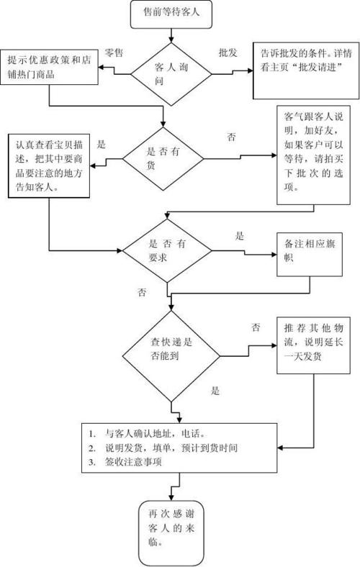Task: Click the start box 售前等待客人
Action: click(172, 12)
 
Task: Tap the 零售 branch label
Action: click(113, 52)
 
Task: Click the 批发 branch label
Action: click(228, 52)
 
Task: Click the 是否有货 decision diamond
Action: click(165, 152)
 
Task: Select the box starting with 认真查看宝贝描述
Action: click(48, 165)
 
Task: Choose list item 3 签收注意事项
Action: click(130, 462)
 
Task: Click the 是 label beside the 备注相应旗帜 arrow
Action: click(240, 235)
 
